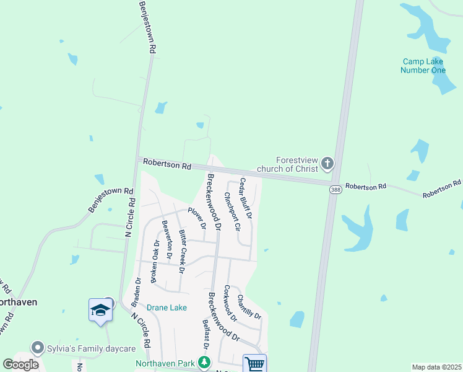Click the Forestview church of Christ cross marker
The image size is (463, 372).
[327, 164]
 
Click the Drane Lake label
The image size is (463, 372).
[167, 308]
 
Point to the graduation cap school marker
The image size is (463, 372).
[100, 309]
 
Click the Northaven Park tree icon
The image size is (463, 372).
[204, 363]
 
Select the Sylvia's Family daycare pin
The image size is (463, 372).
[38, 348]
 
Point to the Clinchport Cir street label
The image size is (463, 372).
[232, 211]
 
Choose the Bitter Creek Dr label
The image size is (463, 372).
[182, 251]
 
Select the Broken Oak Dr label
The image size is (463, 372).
[153, 260]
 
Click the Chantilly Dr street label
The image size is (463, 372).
[250, 307]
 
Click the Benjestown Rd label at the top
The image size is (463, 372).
[147, 27]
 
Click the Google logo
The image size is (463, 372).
[21, 365]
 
